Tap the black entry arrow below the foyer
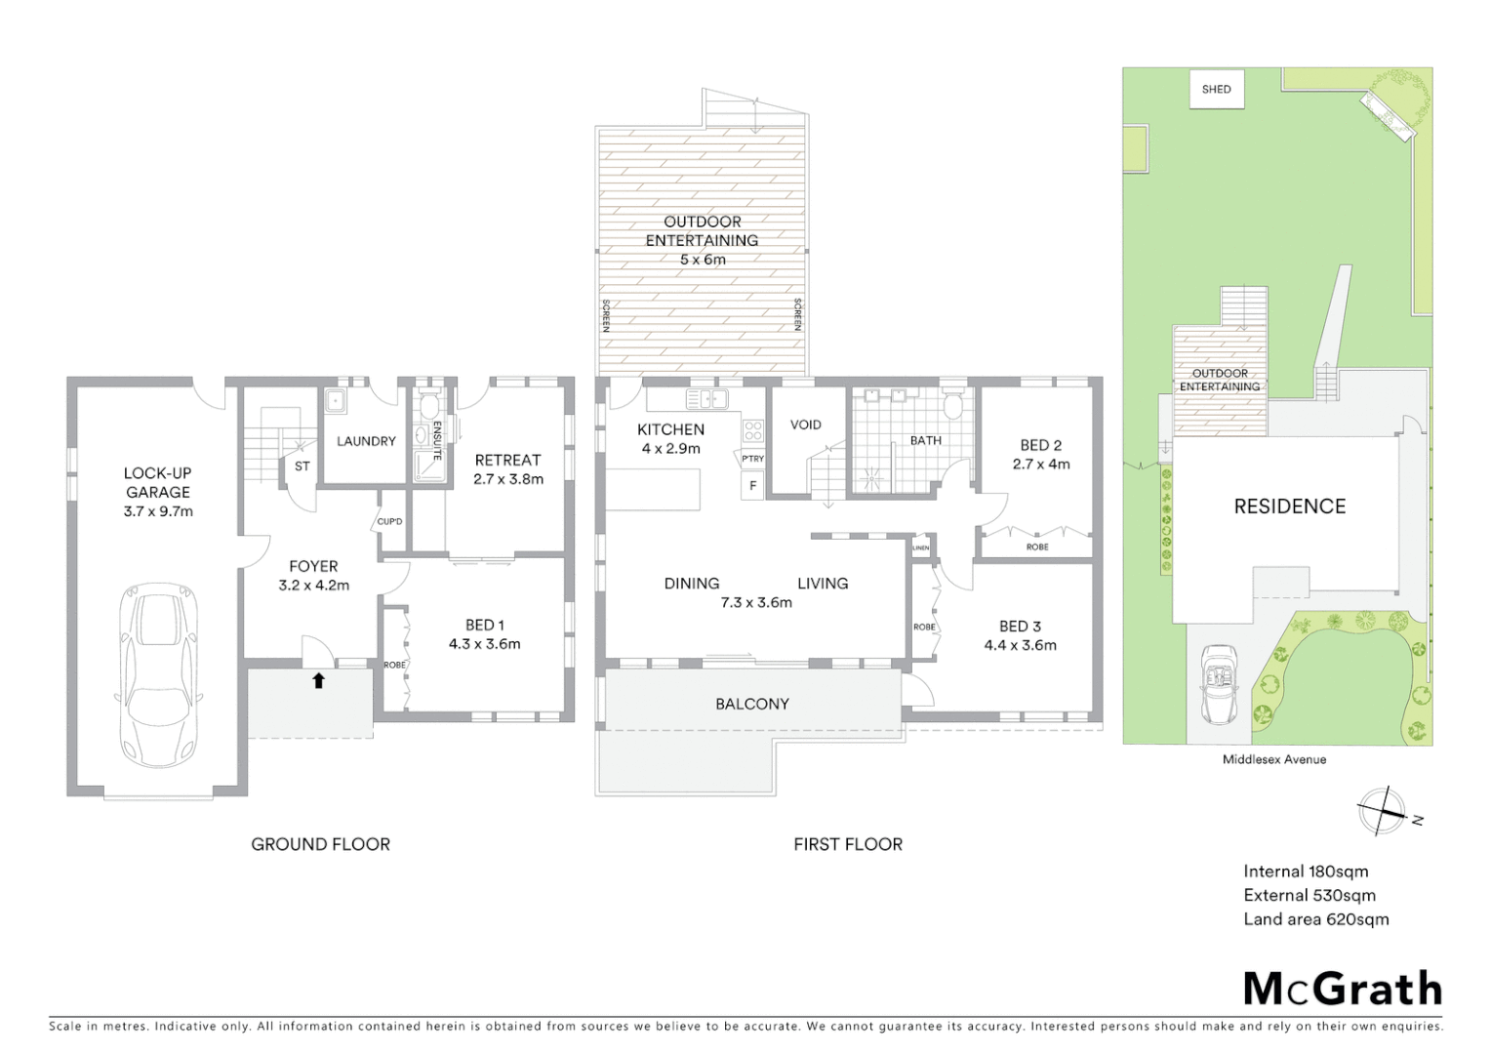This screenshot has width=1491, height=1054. point(318,680)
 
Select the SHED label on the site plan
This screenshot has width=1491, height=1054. point(1216,90)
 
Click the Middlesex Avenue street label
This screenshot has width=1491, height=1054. point(1274,759)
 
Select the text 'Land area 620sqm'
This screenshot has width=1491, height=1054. point(1315,919)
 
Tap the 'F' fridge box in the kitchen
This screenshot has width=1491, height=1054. point(752,486)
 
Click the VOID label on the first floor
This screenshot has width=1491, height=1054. point(805,425)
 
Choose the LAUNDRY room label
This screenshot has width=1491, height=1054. point(366,441)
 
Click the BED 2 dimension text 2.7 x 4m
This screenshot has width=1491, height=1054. point(1041,465)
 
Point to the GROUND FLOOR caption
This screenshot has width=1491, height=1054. point(320,844)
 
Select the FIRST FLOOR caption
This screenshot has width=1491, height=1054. point(847,844)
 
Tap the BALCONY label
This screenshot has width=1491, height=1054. point(751,704)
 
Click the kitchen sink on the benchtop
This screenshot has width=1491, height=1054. point(706,398)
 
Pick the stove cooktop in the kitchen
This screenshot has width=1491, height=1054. point(752,430)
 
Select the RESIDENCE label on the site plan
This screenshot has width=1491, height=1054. point(1289,507)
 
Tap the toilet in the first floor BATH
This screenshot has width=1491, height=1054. point(953,404)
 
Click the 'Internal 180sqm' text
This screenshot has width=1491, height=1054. point(1306,872)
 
